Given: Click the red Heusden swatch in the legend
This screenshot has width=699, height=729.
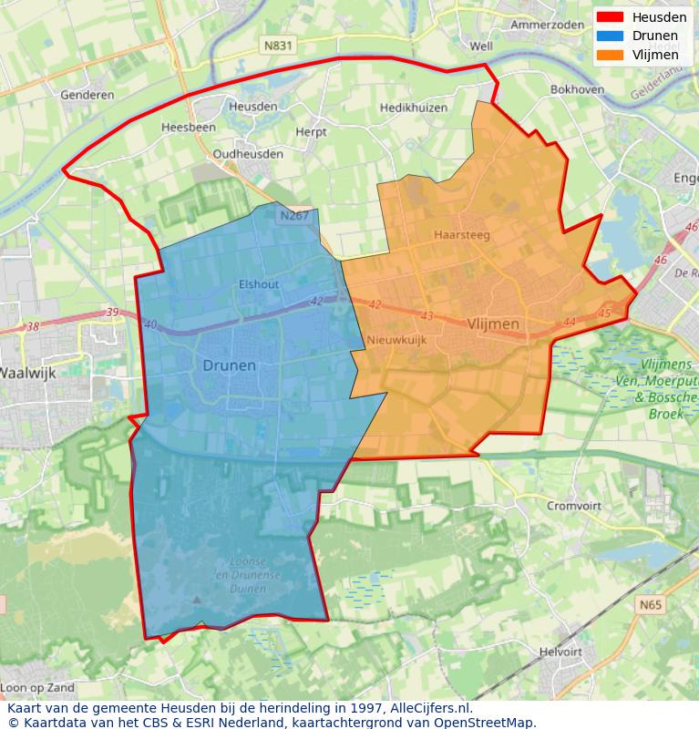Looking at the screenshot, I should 611,17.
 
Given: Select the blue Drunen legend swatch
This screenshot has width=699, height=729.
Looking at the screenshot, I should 611,36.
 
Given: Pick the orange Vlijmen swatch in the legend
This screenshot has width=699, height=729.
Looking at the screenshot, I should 611,55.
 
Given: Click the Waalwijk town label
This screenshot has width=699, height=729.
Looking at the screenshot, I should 26,372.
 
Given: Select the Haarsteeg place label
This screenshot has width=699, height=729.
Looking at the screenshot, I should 462,234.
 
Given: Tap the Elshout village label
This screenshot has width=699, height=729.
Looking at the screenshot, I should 259,284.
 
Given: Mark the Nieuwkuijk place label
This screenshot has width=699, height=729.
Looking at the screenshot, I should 396,340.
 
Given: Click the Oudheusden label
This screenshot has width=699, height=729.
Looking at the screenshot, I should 248,154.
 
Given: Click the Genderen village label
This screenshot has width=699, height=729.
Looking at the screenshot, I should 87,95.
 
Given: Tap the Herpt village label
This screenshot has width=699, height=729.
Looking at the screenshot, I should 311,132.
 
